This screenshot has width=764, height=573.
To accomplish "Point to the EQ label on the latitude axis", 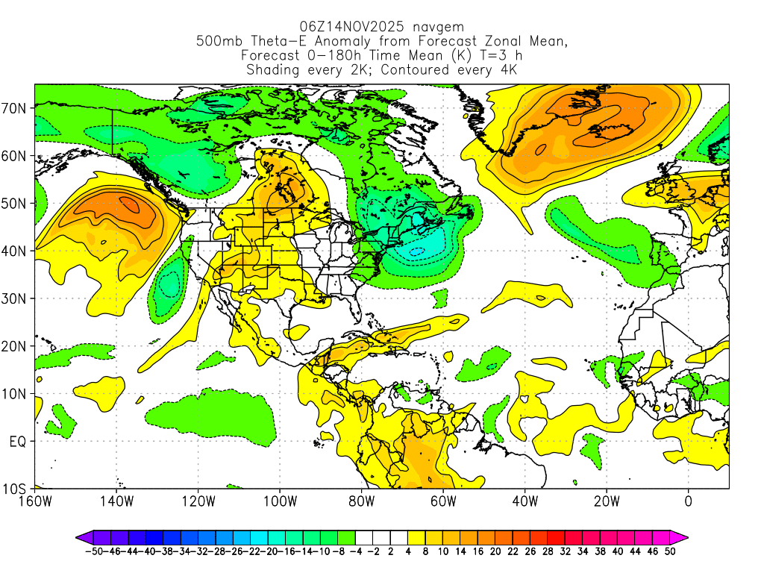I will click(18, 442).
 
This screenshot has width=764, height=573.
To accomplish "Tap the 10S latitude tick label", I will click(15, 489).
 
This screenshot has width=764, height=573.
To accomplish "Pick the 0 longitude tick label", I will click(688, 501).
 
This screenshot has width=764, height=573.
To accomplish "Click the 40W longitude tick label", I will click(525, 501).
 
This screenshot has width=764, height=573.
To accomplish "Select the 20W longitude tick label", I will click(607, 501).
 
